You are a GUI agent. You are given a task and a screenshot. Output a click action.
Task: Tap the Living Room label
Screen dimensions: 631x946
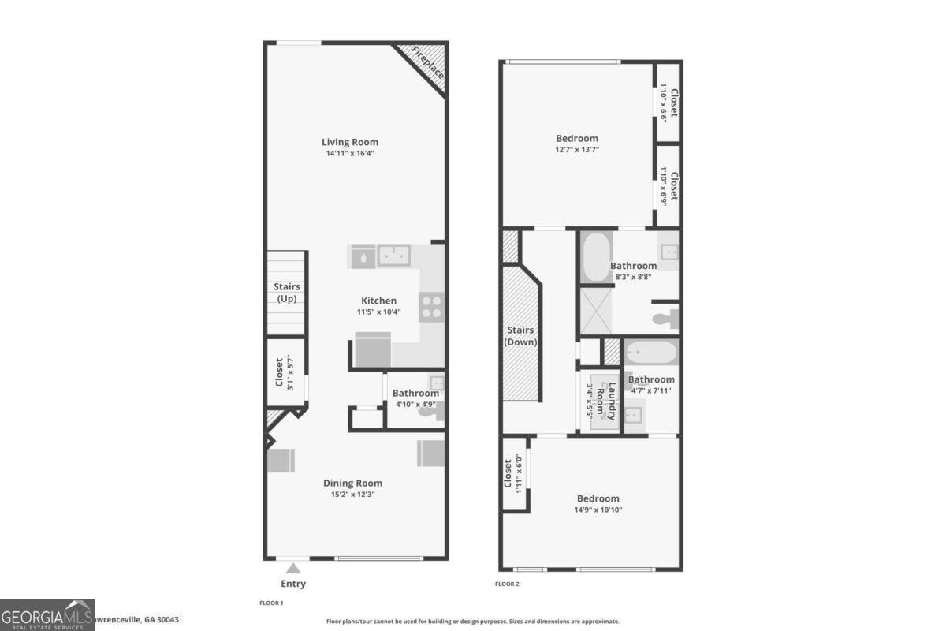pos(350,142)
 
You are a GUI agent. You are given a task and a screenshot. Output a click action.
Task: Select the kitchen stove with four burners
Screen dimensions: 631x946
pos(431,306)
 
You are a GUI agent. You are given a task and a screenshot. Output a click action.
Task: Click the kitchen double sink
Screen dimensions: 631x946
pos(393,255)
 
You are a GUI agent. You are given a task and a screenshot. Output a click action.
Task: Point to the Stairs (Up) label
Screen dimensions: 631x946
pos(286,293)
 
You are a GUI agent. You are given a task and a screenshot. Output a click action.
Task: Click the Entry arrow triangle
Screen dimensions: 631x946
pos(292,567)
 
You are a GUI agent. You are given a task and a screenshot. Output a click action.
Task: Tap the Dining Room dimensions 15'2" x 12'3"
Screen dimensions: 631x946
pos(352,495)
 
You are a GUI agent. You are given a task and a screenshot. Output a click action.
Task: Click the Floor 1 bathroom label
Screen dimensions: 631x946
pos(415,394)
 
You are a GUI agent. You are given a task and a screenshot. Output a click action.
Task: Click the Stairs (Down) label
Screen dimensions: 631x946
pos(520,336)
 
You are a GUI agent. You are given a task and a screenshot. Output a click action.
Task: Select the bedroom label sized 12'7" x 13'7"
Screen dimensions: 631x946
pos(576,138)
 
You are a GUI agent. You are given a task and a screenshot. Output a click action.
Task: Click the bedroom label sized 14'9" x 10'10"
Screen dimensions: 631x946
pos(598,498)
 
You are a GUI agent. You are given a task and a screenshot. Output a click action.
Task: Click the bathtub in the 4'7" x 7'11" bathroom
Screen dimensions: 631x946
pos(650,352)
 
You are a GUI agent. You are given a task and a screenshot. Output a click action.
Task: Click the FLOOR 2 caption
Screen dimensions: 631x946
pos(507,584)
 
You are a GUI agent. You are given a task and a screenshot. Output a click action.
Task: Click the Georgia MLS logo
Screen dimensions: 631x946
pos(47,614)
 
